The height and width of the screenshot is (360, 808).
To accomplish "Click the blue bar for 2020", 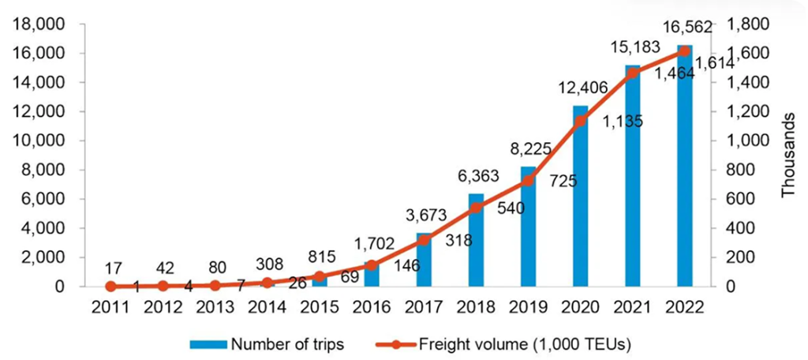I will point(581,197).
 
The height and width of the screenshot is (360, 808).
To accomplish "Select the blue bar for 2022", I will point(684,167).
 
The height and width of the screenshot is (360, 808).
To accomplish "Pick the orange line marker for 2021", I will point(633,73).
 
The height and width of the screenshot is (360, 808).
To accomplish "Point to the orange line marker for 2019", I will point(528,181).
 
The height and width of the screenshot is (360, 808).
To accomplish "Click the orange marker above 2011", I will point(111,287).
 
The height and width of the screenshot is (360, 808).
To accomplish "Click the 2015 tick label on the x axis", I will point(320,306).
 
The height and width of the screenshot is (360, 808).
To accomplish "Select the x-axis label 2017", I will point(424,306).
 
